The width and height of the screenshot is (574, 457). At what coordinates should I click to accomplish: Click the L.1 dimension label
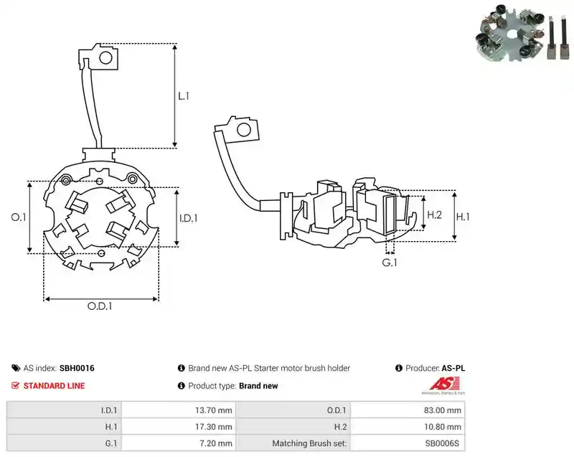pyautogui.click(x=184, y=96)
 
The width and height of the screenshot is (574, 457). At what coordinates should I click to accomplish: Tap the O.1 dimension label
pyautogui.click(x=19, y=217)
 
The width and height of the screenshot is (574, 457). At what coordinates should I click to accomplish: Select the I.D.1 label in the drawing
pyautogui.click(x=188, y=218)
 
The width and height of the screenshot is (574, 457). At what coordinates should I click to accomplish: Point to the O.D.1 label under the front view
pyautogui.click(x=100, y=306)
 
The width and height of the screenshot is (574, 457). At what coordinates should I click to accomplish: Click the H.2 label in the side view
pyautogui.click(x=435, y=215)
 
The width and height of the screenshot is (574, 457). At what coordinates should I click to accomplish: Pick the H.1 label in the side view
pyautogui.click(x=463, y=217)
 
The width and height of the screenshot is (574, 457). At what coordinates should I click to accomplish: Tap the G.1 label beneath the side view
pyautogui.click(x=390, y=263)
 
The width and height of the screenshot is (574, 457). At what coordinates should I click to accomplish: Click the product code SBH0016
pyautogui.click(x=77, y=368)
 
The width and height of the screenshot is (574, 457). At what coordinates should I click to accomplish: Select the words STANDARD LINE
pyautogui.click(x=55, y=386)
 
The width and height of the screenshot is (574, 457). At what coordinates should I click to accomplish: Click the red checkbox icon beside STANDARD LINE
pyautogui.click(x=15, y=386)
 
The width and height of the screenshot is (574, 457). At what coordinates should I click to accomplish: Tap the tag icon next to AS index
pyautogui.click(x=16, y=368)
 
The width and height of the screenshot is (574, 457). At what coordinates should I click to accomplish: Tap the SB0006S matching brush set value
pyautogui.click(x=442, y=443)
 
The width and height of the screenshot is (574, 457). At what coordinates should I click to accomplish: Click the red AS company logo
pyautogui.click(x=443, y=385)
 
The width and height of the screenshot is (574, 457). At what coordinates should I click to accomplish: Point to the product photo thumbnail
pyautogui.click(x=523, y=32)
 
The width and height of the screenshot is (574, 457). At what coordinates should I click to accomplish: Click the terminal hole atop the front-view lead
pyautogui.click(x=105, y=58)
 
